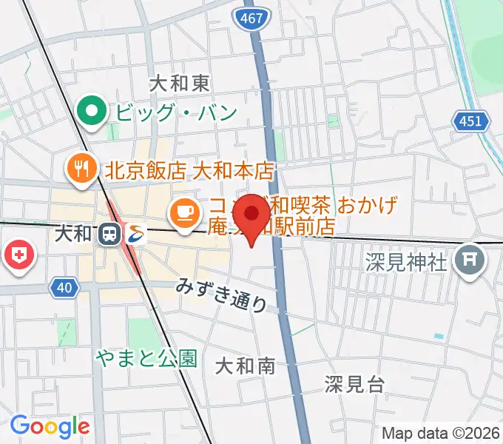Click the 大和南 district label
tap(246, 365)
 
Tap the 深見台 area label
tap(355, 383)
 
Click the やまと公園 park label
tap(146, 359)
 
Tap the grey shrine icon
tap(469, 260)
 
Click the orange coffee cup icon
tap(183, 212)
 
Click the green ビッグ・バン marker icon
tap(92, 112)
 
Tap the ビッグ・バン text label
tap(176, 113)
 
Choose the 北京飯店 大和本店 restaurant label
tap(190, 171)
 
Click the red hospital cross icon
tap(19, 256)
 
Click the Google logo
tap(50, 427)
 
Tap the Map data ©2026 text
tap(440, 433)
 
